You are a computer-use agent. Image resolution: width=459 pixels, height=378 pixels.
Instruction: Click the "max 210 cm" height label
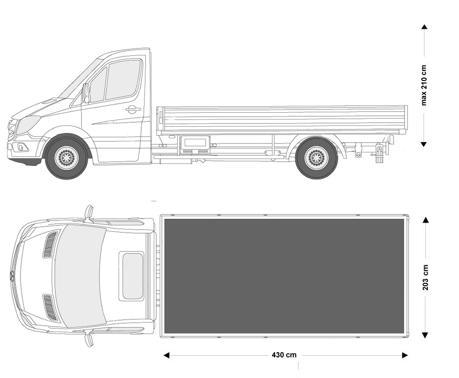click(424, 85)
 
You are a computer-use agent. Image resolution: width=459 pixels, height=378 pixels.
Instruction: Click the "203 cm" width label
click(425, 277)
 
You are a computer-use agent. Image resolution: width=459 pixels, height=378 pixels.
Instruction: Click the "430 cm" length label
click(284, 355)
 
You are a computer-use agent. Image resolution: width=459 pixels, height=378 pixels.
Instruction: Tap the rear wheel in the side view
click(316, 158)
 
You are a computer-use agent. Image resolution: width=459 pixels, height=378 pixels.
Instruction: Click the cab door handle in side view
click(133, 109)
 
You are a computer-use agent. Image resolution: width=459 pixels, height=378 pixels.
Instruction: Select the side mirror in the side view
click(86, 93)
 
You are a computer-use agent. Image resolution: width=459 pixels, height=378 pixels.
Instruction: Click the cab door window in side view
click(122, 80)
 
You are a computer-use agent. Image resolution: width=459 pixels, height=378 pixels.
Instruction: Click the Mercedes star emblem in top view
click(13, 276)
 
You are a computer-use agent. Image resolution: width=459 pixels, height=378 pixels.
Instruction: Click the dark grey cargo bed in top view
click(284, 276)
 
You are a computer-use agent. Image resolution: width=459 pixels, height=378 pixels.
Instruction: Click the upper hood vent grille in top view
click(50, 245)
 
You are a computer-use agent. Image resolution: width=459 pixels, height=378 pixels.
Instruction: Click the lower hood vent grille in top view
click(50, 307)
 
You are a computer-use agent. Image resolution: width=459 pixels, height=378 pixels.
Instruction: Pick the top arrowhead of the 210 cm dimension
click(424, 27)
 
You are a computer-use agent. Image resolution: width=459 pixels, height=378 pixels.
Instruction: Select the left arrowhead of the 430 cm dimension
click(166, 355)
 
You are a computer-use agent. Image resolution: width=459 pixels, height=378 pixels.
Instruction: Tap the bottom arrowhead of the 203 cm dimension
click(425, 335)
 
